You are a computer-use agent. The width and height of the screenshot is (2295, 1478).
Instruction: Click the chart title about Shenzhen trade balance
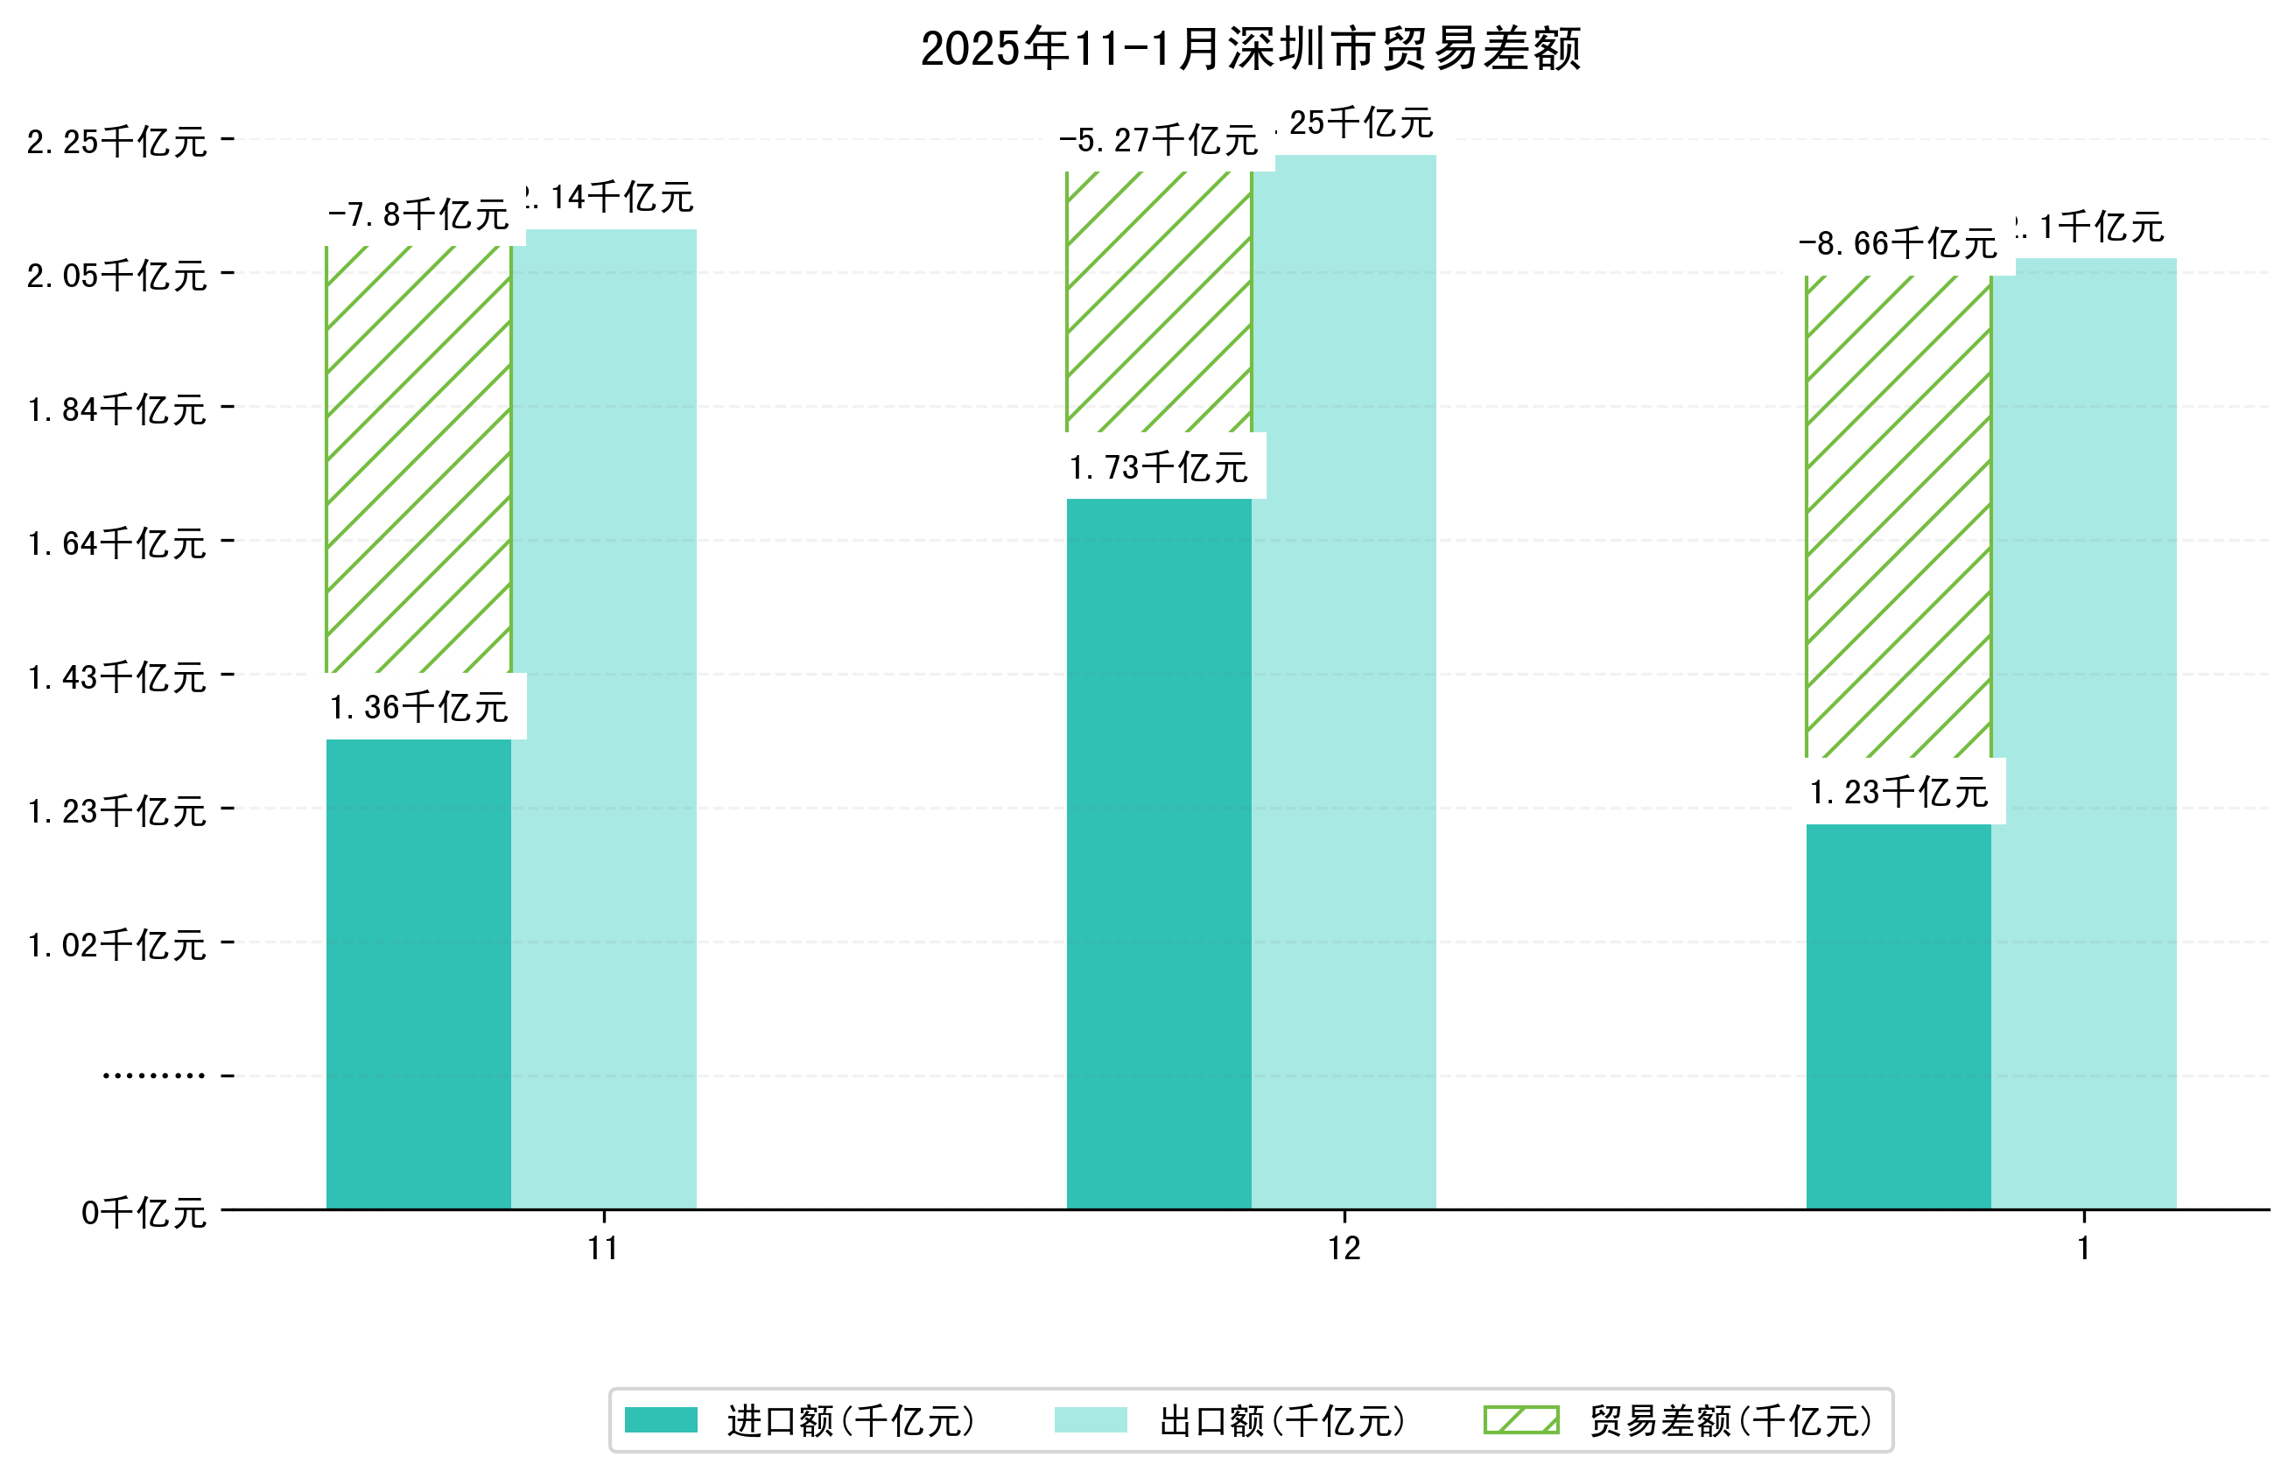click(x=1249, y=49)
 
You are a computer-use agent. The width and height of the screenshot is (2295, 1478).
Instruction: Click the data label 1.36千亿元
click(x=418, y=707)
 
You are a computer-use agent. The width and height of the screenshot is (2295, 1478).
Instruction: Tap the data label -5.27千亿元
click(x=1158, y=141)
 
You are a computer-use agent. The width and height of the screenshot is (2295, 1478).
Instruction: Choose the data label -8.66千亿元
click(x=1897, y=244)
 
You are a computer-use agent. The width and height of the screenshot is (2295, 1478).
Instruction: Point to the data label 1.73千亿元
click(x=1158, y=467)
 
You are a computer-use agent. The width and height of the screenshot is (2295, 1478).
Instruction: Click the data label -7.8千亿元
click(x=418, y=215)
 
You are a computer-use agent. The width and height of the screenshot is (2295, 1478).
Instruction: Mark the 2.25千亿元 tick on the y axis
click(x=116, y=142)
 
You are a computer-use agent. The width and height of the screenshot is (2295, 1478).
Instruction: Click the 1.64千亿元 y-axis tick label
click(x=116, y=543)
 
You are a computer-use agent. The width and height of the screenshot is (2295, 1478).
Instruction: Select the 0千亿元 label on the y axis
click(x=143, y=1213)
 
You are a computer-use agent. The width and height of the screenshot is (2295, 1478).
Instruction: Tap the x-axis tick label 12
click(x=1343, y=1249)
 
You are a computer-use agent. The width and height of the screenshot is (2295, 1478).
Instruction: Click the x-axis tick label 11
click(x=603, y=1249)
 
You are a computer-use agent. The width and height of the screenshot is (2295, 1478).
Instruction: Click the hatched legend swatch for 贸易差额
click(x=1520, y=1420)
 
